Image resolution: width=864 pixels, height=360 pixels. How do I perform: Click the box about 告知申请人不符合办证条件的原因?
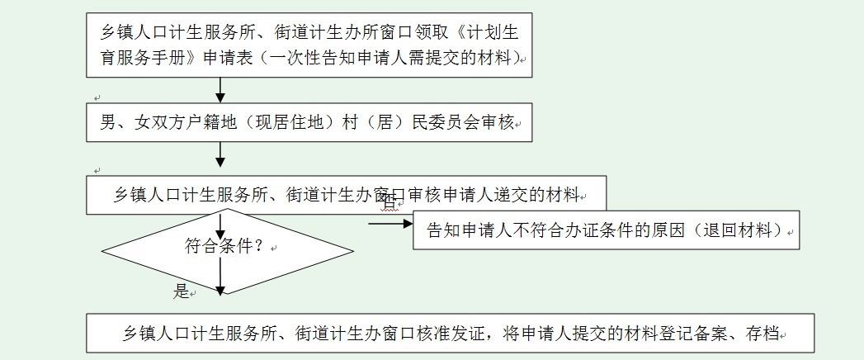(607, 230)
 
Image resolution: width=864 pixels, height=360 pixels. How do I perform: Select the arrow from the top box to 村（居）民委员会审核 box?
(220, 89)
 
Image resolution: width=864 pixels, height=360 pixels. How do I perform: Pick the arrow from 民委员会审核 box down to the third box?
(220, 154)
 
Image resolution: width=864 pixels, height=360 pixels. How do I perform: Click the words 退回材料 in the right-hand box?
(748, 230)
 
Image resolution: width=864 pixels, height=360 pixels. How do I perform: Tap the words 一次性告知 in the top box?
(319, 58)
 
